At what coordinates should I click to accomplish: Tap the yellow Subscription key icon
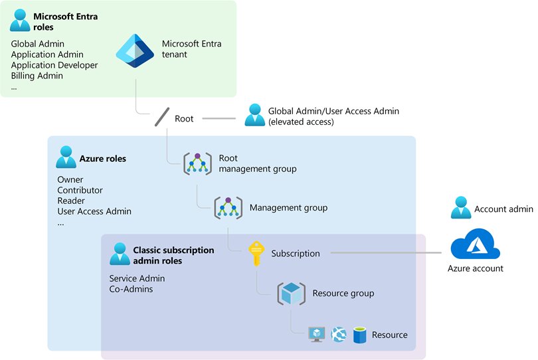tap(257, 253)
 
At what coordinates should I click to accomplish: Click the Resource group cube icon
tap(291, 294)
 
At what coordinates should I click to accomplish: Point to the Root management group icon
tap(197, 163)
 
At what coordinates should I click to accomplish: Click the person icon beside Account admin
tap(461, 208)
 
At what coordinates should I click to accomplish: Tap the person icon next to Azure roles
tap(66, 158)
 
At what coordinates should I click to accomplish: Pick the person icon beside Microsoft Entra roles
tap(20, 21)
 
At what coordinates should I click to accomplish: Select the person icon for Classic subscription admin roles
tap(120, 254)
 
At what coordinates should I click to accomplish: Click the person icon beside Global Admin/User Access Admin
tap(254, 115)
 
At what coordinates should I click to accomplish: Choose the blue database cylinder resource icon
tap(360, 334)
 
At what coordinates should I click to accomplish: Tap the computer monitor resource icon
tap(317, 334)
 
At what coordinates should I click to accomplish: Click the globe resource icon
tap(339, 334)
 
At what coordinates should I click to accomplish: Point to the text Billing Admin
tap(37, 76)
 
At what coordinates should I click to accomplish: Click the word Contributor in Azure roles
tap(80, 190)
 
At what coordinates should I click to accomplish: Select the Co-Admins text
tap(131, 289)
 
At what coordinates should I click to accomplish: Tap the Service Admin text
tap(137, 278)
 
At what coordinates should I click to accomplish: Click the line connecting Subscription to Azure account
tap(385, 253)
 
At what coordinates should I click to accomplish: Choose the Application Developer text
tap(54, 65)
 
